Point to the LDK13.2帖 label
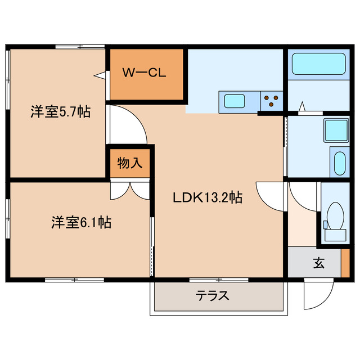coord(207,197)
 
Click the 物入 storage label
coord(130,163)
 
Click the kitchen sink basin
coord(235,101)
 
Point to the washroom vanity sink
coord(339,163)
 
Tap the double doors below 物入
coord(129,190)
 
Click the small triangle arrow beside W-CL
coord(100,74)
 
